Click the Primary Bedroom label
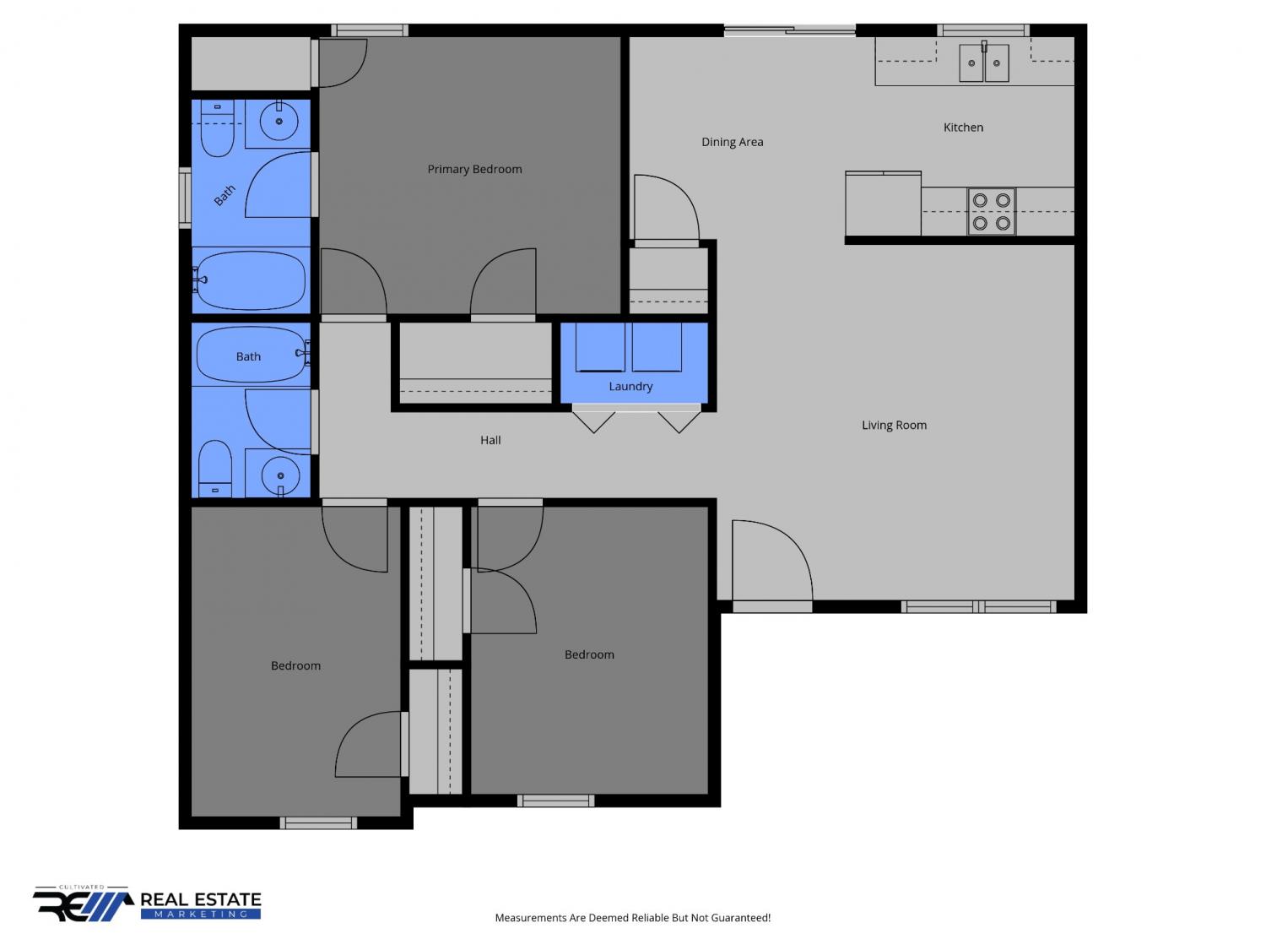[x=474, y=169]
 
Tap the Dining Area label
[x=732, y=142]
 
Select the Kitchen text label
[x=963, y=128]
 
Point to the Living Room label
[x=894, y=425]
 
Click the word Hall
[x=490, y=440]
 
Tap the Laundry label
[x=630, y=387]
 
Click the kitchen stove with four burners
[x=991, y=212]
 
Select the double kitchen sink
[x=983, y=62]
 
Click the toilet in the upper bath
[x=217, y=128]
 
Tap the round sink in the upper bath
[x=279, y=121]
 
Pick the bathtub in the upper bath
[x=251, y=280]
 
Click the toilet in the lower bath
[x=215, y=469]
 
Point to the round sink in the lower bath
[x=280, y=476]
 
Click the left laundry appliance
[x=600, y=347]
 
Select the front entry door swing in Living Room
[x=772, y=561]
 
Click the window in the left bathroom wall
[x=185, y=198]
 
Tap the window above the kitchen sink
[x=982, y=30]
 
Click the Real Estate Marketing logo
[x=147, y=904]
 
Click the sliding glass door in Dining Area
[x=790, y=30]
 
